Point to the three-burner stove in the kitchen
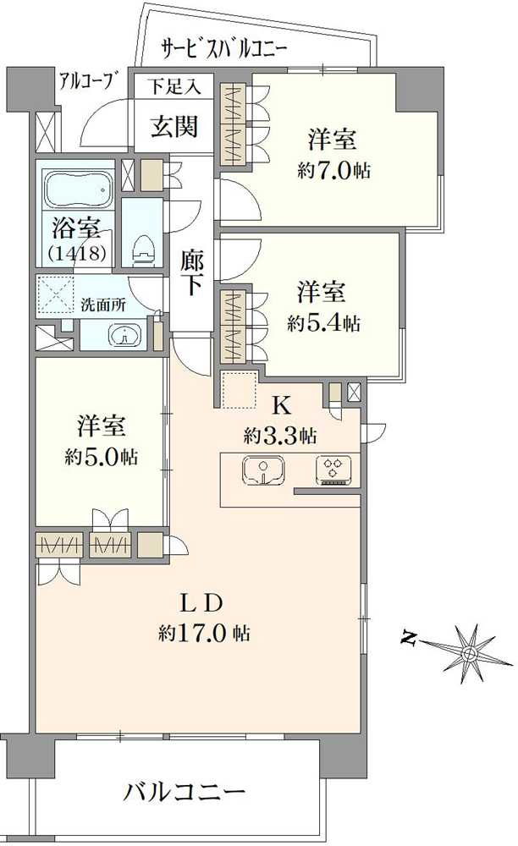coord(332,471)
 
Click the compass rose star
coord(469,652)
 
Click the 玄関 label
coord(174,127)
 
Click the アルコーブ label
coord(87,81)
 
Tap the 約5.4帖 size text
coord(323,322)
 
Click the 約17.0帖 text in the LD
coord(203,632)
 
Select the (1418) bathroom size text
coord(76,251)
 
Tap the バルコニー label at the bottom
coord(185,793)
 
